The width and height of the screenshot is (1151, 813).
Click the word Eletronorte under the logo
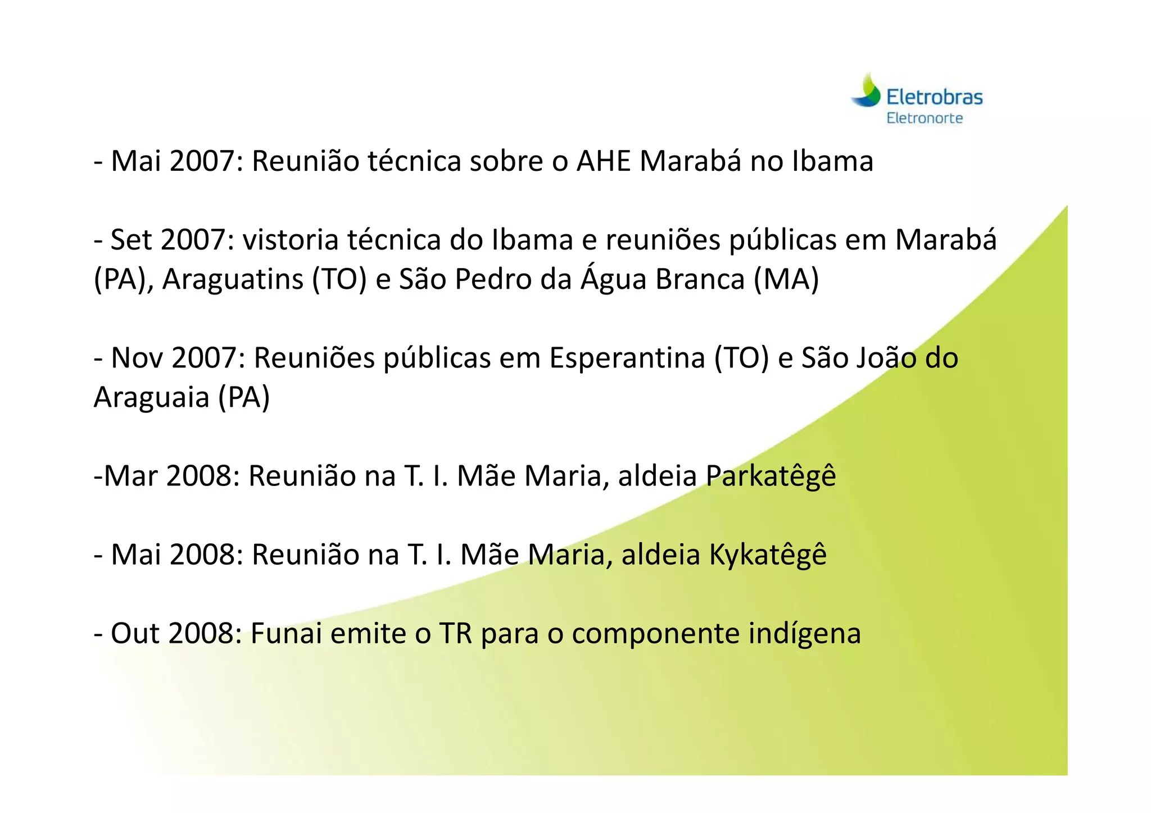[925, 119]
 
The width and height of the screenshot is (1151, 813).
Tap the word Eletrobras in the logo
[934, 97]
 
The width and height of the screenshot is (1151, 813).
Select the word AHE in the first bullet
[604, 161]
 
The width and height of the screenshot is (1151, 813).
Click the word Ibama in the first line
[832, 161]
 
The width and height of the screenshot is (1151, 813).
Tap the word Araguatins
[233, 279]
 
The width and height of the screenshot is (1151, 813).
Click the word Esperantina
[627, 358]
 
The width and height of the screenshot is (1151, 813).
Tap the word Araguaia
[151, 397]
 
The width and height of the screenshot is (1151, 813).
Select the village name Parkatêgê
[771, 476]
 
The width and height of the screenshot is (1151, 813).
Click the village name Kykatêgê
[767, 555]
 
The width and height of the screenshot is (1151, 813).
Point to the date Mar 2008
[167, 476]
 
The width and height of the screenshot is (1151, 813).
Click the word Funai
[286, 633]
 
